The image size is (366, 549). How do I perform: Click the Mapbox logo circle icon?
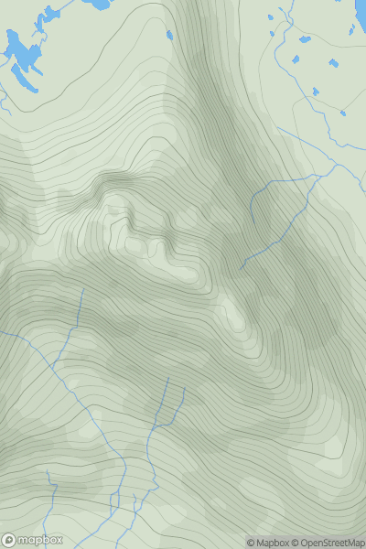[10, 540]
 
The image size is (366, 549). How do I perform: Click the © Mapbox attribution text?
[268, 543]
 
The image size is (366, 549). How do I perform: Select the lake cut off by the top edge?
[96, 4]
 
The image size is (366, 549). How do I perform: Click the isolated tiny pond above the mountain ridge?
[169, 36]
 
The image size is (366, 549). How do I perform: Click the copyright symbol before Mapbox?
[251, 543]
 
